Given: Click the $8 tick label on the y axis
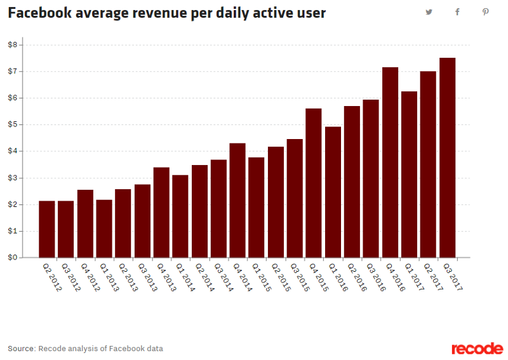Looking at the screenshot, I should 12,44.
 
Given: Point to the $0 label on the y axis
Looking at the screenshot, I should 12,258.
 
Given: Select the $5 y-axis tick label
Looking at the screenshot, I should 12,124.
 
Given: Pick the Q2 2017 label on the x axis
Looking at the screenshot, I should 432,277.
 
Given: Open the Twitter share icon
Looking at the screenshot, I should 429,12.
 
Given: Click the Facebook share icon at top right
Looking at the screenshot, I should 457,12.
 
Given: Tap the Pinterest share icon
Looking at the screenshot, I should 485,12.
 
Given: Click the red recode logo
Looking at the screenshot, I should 477,349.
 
